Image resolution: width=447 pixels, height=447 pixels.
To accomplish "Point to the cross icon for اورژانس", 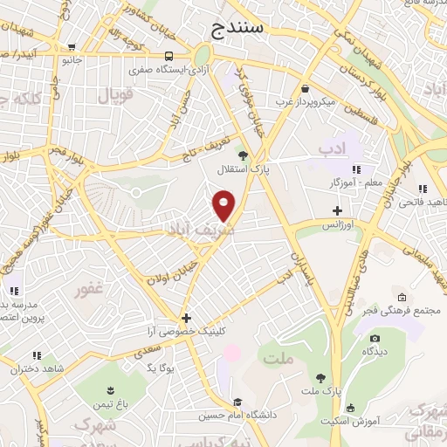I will coord(338,210).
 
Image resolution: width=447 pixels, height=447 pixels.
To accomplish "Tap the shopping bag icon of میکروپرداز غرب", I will coord(304,89).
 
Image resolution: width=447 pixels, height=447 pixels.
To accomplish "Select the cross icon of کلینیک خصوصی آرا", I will coord(185,319).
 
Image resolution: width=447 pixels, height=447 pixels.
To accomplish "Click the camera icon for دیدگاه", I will coord(375,338).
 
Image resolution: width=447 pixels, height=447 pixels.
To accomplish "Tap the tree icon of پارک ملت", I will coord(321,378).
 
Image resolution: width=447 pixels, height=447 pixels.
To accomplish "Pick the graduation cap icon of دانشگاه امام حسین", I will coord(236,402).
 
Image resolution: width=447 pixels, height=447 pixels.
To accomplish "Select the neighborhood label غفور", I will coord(91,289).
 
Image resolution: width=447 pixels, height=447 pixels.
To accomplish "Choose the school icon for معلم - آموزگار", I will coord(356,169).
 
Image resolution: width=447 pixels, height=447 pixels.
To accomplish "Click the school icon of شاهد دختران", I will coord(36,355).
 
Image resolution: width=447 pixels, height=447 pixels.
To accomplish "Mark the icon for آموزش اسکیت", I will coord(351,408).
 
